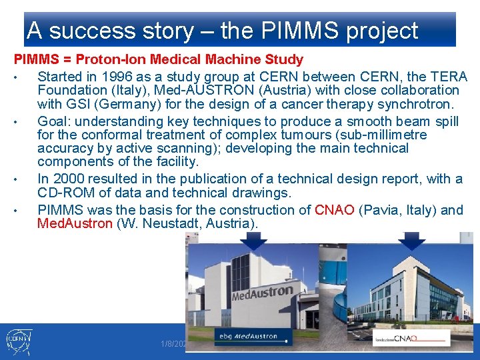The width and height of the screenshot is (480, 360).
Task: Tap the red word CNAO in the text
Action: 334,210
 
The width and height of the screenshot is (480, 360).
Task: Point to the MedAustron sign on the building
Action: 261,291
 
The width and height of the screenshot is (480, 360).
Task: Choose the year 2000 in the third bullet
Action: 69,179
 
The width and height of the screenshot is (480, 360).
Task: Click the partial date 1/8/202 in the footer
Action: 173,344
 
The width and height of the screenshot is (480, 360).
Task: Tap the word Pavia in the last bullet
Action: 381,210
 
